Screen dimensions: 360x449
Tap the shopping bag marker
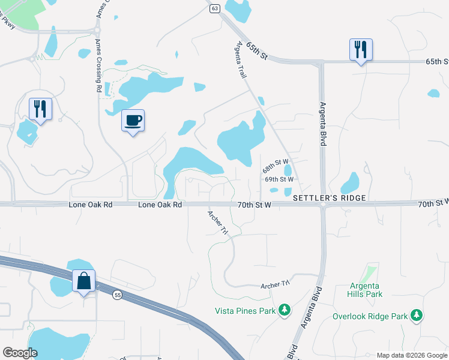pyautogui.click(x=83, y=281)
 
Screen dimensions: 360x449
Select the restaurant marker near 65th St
pyautogui.click(x=361, y=50)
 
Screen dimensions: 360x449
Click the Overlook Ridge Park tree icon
pyautogui.click(x=416, y=316)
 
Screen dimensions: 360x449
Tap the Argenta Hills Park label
pyautogui.click(x=364, y=290)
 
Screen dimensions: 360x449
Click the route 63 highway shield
pyautogui.click(x=215, y=8)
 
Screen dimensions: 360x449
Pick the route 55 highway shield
pyautogui.click(x=117, y=294)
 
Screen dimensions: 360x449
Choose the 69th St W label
pyautogui.click(x=279, y=179)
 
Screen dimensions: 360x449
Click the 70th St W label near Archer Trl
pyautogui.click(x=255, y=205)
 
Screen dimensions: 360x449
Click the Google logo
pyautogui.click(x=20, y=353)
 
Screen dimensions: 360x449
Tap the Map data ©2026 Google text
pyautogui.click(x=412, y=355)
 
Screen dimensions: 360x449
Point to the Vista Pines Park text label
pyautogui.click(x=245, y=311)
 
